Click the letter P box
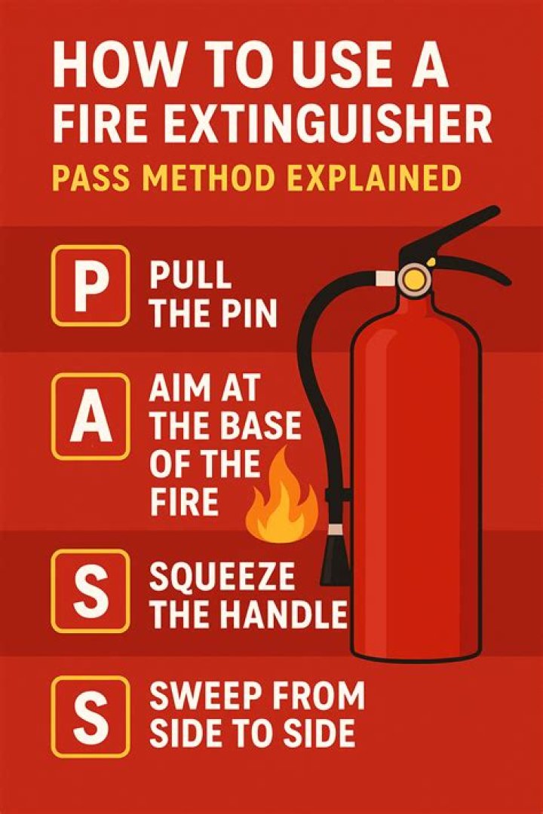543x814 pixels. pos(90,286)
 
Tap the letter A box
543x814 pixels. pos(90,417)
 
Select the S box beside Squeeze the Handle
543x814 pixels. pos(90,591)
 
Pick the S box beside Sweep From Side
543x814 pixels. pos(90,717)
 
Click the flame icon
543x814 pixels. pos(282,496)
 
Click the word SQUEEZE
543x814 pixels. pos(222,577)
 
